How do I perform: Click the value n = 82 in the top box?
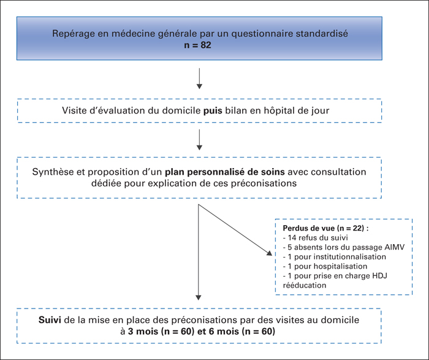pos(197,45)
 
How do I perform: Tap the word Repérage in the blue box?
pos(71,34)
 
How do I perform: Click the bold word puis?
pos(213,110)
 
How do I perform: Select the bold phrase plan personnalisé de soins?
pos(225,172)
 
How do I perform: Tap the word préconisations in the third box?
pos(264,183)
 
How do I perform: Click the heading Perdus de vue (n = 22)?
pos(325,228)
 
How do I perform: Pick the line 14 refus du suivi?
pos(316,237)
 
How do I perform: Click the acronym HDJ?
pos(380,276)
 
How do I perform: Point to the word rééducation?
pos(305,285)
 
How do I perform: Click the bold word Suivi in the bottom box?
pos(50,320)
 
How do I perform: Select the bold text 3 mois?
pos(143,332)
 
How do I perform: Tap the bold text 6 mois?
pos(224,332)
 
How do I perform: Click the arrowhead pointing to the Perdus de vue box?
pos(270,253)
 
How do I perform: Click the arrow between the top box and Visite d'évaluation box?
pos(199,79)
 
